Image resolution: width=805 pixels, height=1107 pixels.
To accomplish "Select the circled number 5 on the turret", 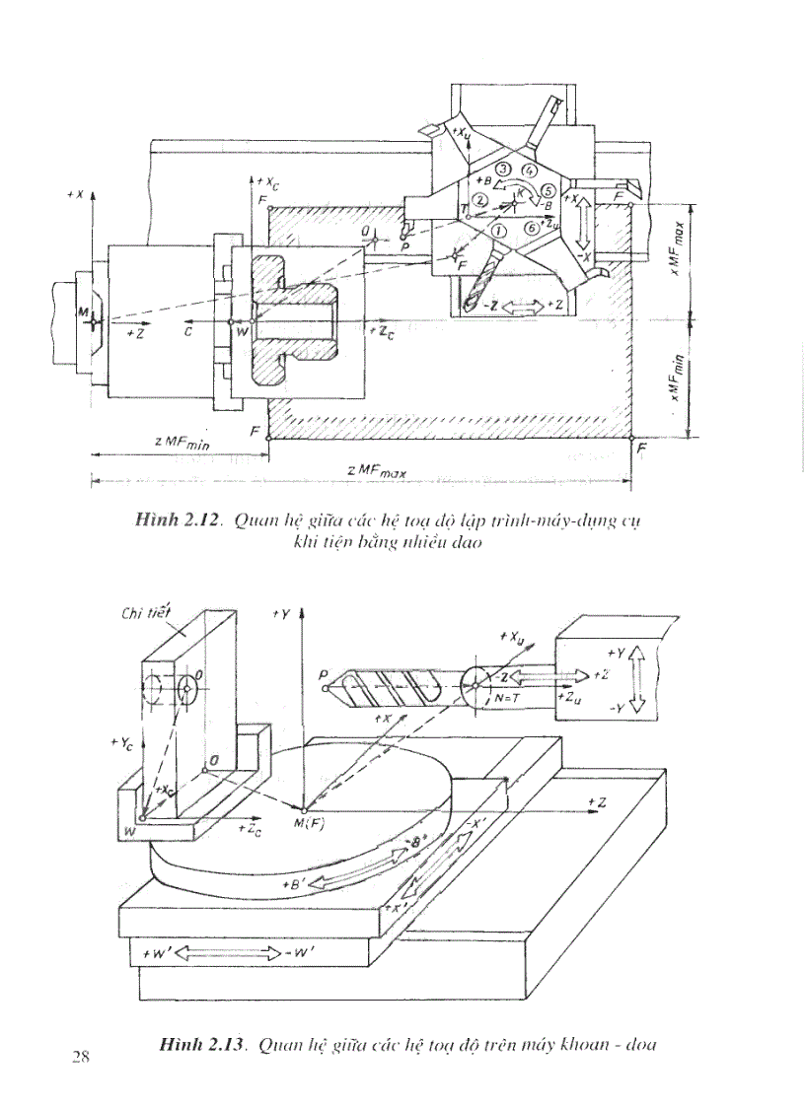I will pyautogui.click(x=549, y=189).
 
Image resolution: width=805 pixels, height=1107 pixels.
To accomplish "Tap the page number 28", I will pyautogui.click(x=81, y=1057).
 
